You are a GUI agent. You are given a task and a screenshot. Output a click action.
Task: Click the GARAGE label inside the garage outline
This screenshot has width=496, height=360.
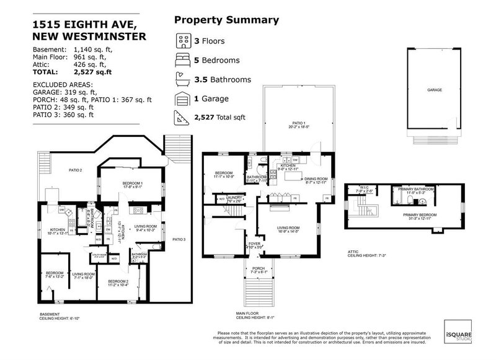coord(434,90)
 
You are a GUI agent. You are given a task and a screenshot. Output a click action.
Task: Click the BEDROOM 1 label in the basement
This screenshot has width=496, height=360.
coord(132,184)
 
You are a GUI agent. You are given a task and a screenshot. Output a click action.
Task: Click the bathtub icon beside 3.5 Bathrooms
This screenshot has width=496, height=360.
coord(184,80)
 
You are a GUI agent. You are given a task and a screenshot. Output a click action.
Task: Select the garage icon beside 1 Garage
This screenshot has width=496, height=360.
coord(184,99)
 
